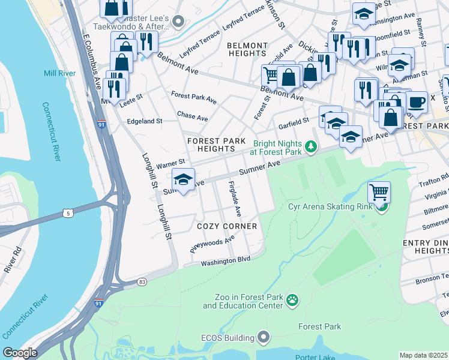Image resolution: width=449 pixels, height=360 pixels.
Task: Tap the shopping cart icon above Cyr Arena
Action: (379, 193)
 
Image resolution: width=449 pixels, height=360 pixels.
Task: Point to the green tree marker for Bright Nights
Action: (310, 146)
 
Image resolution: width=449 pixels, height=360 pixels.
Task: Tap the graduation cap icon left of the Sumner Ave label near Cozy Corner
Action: (183, 179)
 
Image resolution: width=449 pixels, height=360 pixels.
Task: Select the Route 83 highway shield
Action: (142, 281)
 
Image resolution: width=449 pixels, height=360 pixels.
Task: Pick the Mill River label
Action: (59, 73)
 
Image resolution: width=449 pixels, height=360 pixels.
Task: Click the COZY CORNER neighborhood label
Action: (227, 226)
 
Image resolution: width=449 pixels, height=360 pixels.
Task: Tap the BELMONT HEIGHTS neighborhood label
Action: (247, 50)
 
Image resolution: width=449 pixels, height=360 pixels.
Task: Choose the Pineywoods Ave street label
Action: (212, 244)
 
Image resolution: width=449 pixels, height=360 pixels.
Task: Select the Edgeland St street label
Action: (145, 121)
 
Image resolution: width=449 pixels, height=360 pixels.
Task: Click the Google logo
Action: (20, 353)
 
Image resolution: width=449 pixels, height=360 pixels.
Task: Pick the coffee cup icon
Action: (416, 101)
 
